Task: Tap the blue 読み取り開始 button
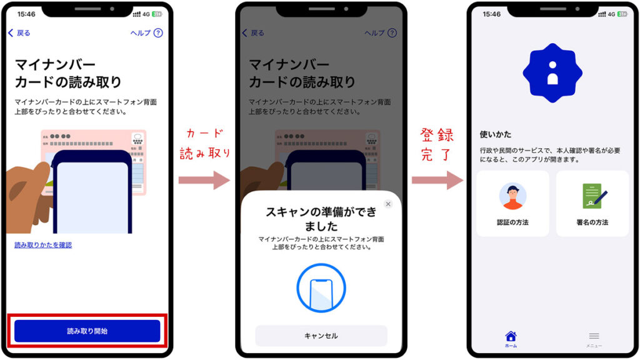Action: [87, 331]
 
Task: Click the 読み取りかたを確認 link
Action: [43, 245]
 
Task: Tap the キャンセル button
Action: [321, 336]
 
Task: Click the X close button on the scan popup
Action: [388, 204]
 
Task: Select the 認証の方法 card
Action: [512, 204]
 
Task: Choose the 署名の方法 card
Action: [592, 204]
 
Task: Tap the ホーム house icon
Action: [511, 336]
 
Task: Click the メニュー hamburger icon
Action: [594, 336]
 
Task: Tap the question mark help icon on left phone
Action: [158, 32]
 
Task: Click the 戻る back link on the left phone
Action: [19, 33]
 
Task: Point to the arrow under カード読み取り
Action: [204, 180]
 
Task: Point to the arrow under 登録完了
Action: [437, 180]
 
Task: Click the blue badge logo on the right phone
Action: [552, 73]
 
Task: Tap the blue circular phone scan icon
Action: [321, 288]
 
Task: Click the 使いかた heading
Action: [495, 134]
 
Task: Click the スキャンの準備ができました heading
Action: [321, 218]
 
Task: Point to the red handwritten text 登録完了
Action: [437, 144]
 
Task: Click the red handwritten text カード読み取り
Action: [204, 144]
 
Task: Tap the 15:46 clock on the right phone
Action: [492, 14]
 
